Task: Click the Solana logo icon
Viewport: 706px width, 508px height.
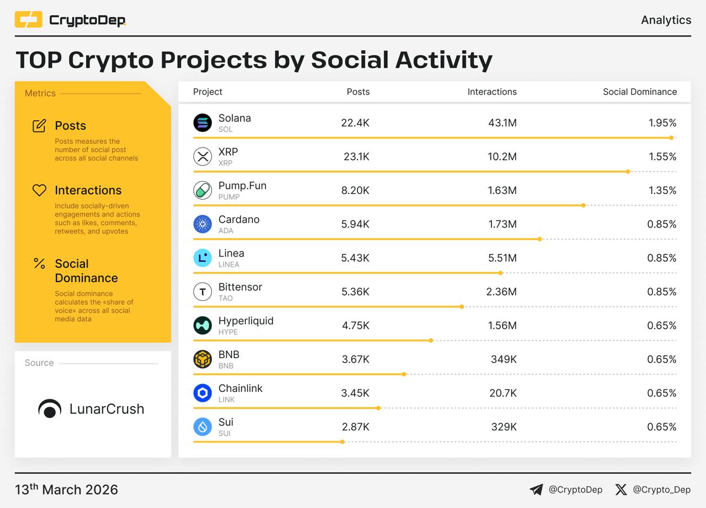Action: click(x=202, y=123)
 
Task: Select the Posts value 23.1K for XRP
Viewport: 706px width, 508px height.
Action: click(x=356, y=156)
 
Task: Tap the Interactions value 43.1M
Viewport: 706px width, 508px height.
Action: click(x=502, y=123)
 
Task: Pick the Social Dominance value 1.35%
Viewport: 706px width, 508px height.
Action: click(x=662, y=190)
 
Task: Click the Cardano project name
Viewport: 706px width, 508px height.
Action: click(x=239, y=219)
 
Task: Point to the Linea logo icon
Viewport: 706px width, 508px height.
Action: click(x=202, y=258)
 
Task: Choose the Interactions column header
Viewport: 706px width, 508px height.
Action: click(x=492, y=92)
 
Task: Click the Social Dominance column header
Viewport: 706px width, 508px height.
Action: click(x=640, y=92)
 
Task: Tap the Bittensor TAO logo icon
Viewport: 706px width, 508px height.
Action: click(x=202, y=291)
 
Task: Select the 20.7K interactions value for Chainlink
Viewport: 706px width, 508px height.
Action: click(x=503, y=393)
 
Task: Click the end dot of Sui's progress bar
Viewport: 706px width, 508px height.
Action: click(x=343, y=442)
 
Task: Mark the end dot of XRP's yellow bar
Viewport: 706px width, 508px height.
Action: click(x=628, y=171)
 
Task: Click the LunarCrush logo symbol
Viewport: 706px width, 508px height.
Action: click(x=50, y=409)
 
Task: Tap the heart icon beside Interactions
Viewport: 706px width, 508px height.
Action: click(x=39, y=190)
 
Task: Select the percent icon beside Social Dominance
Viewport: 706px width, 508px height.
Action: click(x=39, y=263)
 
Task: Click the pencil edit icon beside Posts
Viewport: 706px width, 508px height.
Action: click(x=39, y=126)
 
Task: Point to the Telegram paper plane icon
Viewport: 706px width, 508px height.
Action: click(x=536, y=489)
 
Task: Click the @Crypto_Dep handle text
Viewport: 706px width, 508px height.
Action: click(x=661, y=489)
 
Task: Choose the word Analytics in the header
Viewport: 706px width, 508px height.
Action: click(x=666, y=20)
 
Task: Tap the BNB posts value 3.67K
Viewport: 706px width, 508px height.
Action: click(x=356, y=359)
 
